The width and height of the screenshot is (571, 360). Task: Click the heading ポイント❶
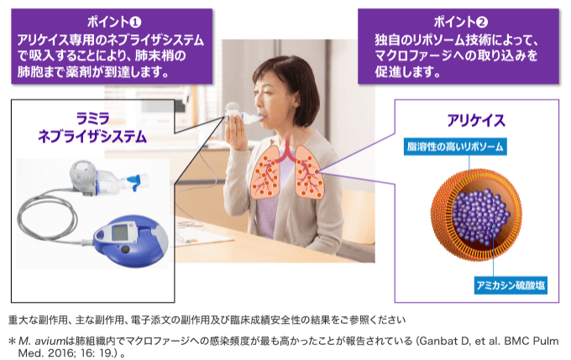click(x=114, y=22)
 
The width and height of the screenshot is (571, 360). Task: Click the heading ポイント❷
click(x=460, y=22)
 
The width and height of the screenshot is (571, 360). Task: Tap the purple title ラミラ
click(x=93, y=118)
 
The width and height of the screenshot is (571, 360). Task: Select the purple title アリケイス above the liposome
click(x=476, y=121)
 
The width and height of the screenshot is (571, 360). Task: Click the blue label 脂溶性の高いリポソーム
click(x=455, y=147)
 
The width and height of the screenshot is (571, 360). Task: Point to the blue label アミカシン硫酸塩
click(x=511, y=285)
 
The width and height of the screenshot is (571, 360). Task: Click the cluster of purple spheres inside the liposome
click(x=480, y=217)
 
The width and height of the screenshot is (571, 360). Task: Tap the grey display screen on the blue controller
click(x=119, y=233)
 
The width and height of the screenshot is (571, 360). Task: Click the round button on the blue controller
click(x=125, y=250)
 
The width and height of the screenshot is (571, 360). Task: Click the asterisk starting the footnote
click(x=13, y=341)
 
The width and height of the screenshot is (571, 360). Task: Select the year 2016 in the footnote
click(x=60, y=353)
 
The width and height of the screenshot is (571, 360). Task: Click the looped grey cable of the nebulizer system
click(x=36, y=218)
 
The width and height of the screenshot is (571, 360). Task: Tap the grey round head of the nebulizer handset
click(x=83, y=173)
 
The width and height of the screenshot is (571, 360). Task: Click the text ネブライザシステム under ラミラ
click(x=92, y=136)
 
